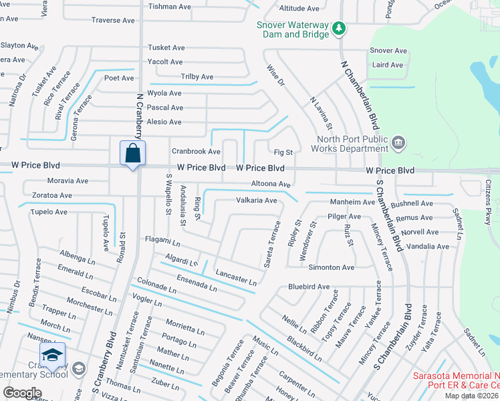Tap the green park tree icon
tap(339, 27)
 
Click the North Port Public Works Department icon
tap(398, 141)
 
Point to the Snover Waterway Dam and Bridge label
tap(293, 30)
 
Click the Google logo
tap(23, 392)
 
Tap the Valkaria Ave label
tap(256, 200)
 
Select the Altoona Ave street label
tap(271, 184)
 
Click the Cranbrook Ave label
tap(196, 152)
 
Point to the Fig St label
tap(283, 152)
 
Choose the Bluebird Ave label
tap(309, 287)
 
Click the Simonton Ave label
tap(331, 267)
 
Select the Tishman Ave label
tap(169, 7)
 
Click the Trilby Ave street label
tap(197, 77)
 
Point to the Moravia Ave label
tap(67, 180)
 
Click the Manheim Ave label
tap(352, 202)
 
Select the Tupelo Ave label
tap(47, 212)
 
